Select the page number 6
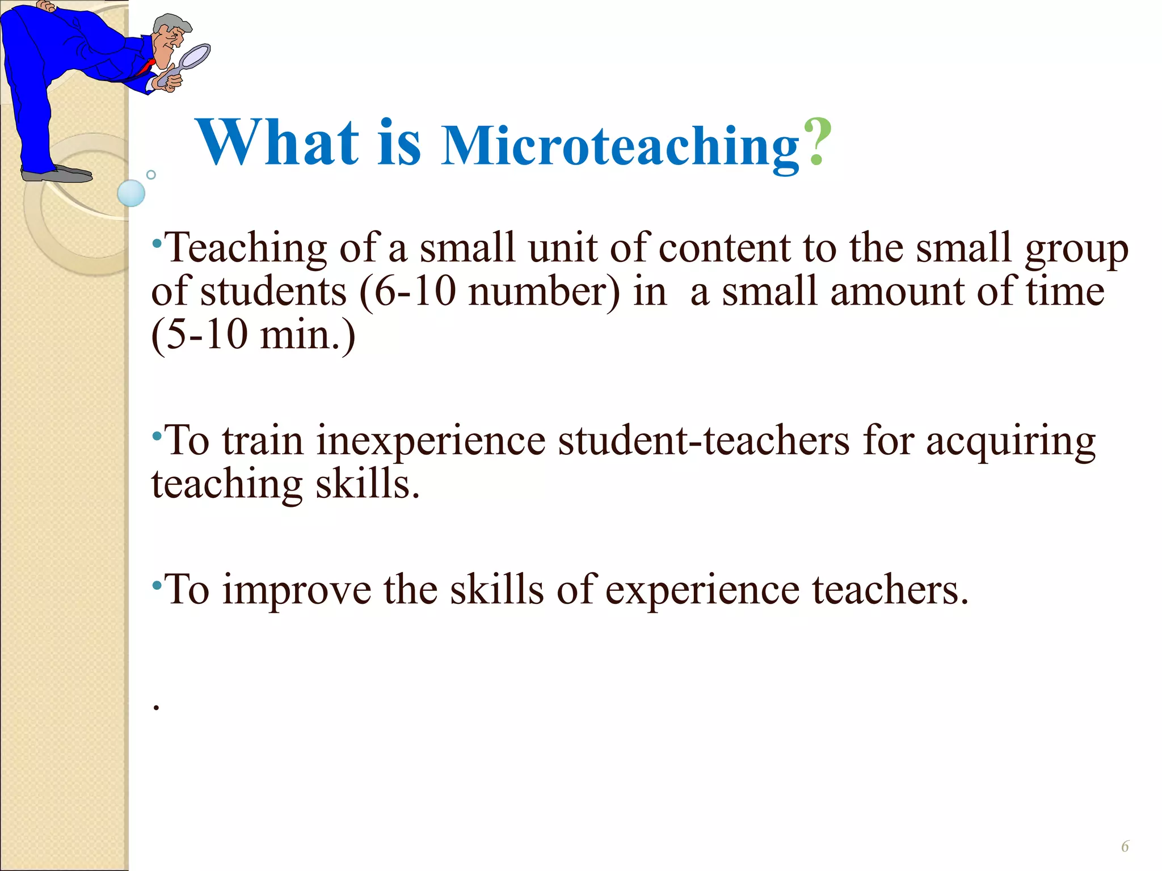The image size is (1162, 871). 1125,847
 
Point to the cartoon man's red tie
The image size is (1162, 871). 146,68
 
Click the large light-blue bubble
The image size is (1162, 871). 131,193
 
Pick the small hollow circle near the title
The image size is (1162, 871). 151,175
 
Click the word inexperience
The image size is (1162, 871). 431,441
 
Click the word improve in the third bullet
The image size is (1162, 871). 296,590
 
